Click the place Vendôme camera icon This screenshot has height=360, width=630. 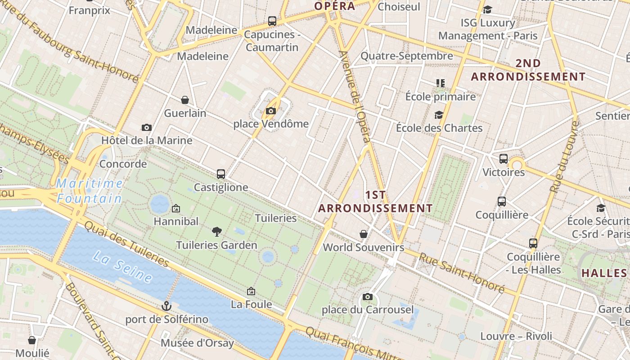click(x=270, y=111)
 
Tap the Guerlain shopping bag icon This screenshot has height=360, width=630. click(x=184, y=100)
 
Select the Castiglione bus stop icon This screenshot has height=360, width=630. click(x=220, y=174)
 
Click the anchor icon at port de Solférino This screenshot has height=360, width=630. click(x=166, y=306)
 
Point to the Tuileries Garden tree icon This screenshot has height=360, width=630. click(x=216, y=232)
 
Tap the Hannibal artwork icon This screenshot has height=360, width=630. click(x=176, y=208)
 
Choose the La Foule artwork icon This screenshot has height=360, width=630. click(x=251, y=292)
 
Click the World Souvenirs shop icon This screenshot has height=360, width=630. click(x=364, y=234)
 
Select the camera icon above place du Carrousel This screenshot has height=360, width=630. click(x=368, y=297)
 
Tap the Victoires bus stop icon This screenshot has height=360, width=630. click(x=504, y=159)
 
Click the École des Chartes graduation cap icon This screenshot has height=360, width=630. click(x=439, y=115)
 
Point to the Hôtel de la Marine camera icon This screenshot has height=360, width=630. click(x=146, y=128)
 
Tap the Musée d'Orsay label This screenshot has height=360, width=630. click(x=198, y=343)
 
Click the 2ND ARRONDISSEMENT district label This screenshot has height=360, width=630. click(x=528, y=70)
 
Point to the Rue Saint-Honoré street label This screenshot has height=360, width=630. click(x=462, y=272)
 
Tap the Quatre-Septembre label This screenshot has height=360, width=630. click(x=407, y=56)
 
